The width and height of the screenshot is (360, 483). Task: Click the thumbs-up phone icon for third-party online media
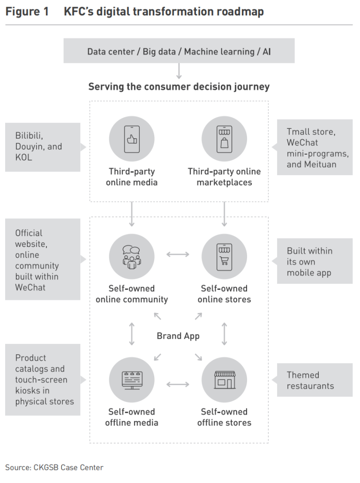pos(132,139)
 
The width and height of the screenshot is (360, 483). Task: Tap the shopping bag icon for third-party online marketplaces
pos(224,139)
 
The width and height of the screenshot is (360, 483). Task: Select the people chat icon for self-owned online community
pos(132,257)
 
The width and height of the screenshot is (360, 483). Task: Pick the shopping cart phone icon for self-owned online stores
pos(224,257)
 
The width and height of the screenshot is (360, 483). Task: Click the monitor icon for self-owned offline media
pos(132,380)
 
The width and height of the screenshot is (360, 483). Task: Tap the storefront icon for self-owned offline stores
pos(224,380)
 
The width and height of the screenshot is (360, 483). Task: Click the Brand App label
pos(178,336)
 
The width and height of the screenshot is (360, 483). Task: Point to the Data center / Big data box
pos(179,51)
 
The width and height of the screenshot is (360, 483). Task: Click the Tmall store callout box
pos(315,148)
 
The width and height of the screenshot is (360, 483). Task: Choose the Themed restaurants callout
pos(315,380)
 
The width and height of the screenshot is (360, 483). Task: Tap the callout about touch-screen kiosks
pos(42,379)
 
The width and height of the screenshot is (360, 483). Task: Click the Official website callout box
pos(42,260)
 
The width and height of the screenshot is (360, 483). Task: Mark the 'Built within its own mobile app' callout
pos(315,261)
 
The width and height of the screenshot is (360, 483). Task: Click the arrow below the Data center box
pos(179,71)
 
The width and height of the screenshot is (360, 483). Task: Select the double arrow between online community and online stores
pos(178,254)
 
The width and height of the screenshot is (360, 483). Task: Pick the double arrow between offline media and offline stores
pos(178,385)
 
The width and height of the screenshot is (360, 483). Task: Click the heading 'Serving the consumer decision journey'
pos(179,87)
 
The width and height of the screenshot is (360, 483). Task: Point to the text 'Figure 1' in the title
pos(27,11)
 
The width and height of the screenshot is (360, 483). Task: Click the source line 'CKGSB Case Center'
pos(54,467)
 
